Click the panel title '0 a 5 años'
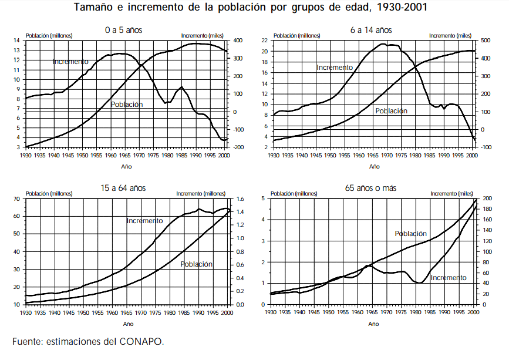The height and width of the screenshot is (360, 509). coord(123,29)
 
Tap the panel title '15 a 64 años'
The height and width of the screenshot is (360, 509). coord(123,188)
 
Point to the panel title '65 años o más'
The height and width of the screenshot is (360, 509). coord(372,188)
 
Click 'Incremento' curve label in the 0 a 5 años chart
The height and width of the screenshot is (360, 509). coord(70,61)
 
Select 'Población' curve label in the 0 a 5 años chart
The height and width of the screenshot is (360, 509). coord(127,105)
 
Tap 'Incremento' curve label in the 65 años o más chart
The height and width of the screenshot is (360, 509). coord(449,277)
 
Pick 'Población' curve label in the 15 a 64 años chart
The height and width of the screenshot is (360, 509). coord(197,264)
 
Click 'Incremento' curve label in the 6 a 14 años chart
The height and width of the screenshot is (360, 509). coord(335,68)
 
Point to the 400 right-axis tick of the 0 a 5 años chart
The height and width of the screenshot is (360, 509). coord(238,41)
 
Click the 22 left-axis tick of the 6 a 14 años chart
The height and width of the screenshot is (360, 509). coord(265,41)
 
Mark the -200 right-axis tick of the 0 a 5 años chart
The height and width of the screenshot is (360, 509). coord(239,147)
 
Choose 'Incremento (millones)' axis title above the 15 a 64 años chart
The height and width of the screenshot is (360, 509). coord(200,193)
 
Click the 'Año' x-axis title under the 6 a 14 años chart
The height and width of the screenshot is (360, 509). coord(374,166)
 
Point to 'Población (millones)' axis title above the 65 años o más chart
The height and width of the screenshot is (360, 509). coord(296,193)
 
